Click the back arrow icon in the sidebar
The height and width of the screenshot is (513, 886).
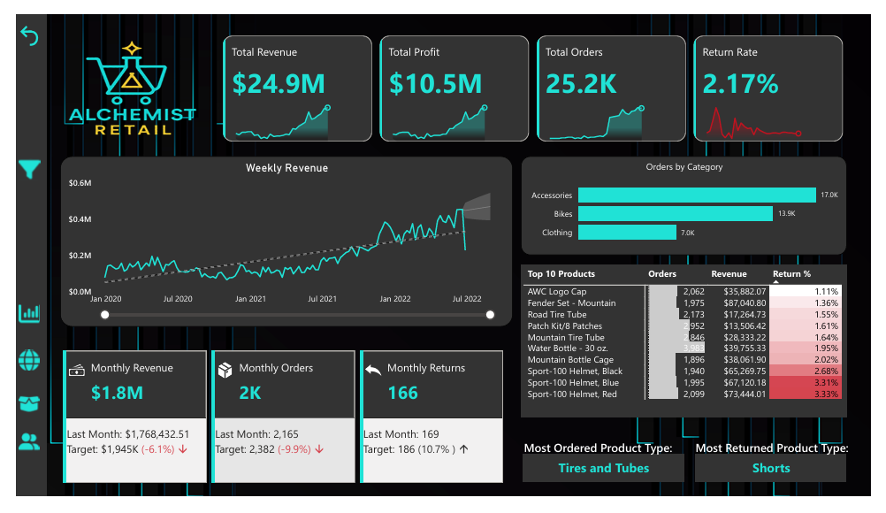pyautogui.click(x=30, y=37)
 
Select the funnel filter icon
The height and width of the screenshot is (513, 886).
pyautogui.click(x=30, y=169)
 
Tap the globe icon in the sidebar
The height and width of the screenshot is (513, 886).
pyautogui.click(x=30, y=360)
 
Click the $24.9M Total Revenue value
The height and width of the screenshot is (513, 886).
pyautogui.click(x=279, y=84)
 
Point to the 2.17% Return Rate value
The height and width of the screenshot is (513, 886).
pyautogui.click(x=740, y=84)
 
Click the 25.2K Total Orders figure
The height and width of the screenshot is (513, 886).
pyautogui.click(x=581, y=84)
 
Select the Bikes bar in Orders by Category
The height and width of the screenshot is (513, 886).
pyautogui.click(x=675, y=214)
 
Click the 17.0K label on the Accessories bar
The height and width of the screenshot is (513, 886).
pyautogui.click(x=829, y=195)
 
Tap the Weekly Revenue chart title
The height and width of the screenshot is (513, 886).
pyautogui.click(x=286, y=168)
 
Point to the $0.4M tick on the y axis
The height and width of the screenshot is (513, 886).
pyautogui.click(x=80, y=219)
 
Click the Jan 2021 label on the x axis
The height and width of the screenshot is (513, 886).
pyautogui.click(x=250, y=299)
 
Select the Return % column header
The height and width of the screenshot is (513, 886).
pyautogui.click(x=791, y=274)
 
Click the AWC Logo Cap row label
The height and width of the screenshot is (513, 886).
pyautogui.click(x=556, y=292)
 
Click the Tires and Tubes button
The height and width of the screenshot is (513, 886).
pyautogui.click(x=603, y=468)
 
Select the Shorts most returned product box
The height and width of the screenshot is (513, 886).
pyautogui.click(x=770, y=468)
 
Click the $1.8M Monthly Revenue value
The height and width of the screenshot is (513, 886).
pyautogui.click(x=116, y=393)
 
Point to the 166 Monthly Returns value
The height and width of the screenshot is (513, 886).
pyautogui.click(x=402, y=393)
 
